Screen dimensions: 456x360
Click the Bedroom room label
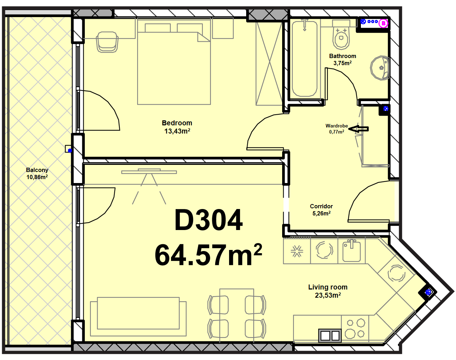click(x=177, y=123)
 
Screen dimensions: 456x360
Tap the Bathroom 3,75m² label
click(x=342, y=59)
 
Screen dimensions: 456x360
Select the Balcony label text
click(x=37, y=170)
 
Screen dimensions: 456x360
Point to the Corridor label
click(x=321, y=206)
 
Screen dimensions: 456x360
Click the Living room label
click(x=328, y=287)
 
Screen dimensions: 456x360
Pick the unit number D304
click(x=208, y=220)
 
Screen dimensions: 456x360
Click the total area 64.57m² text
click(x=208, y=255)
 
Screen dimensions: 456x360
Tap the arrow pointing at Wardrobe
click(x=358, y=129)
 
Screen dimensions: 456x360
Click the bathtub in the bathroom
click(x=305, y=59)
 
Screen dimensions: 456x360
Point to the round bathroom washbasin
click(x=380, y=68)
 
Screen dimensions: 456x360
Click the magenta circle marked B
click(x=383, y=24)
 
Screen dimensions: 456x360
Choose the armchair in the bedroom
click(x=107, y=42)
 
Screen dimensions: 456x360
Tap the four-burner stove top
click(x=355, y=328)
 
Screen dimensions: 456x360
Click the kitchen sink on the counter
click(x=352, y=251)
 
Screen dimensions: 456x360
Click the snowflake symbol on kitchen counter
click(x=297, y=251)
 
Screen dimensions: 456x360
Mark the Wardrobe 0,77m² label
click(x=337, y=129)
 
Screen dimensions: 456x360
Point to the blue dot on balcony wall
click(x=70, y=151)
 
